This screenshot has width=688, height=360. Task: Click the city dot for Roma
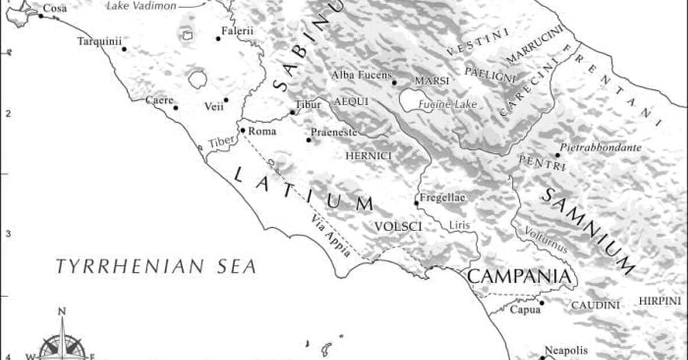point(243,131)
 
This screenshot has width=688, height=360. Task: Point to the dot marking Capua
point(541,303)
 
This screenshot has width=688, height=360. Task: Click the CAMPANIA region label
point(520,276)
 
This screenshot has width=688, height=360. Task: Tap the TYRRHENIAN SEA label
point(155,266)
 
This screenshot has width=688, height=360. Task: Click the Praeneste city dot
point(308,140)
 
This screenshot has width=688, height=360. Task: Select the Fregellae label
point(443,198)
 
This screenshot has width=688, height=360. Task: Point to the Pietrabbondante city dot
point(557,155)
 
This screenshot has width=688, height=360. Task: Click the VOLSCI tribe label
point(398,227)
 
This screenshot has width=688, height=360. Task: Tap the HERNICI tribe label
point(369,155)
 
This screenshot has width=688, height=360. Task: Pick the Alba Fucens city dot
point(394,83)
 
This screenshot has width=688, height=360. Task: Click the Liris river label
point(459,225)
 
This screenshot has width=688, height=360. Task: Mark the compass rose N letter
point(62,312)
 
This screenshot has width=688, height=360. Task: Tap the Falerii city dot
point(218,39)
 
